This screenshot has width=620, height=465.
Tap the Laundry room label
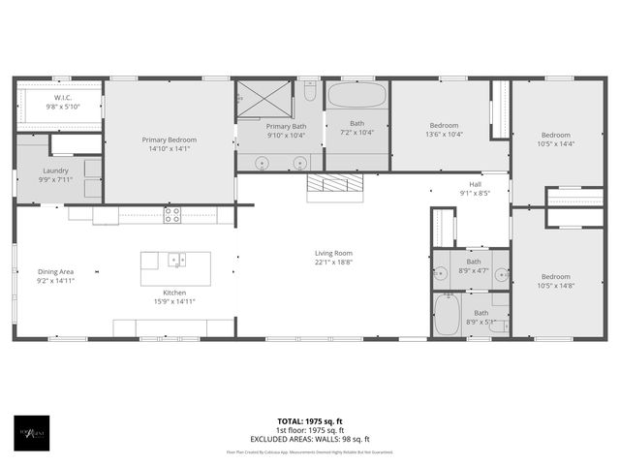(x=55, y=170)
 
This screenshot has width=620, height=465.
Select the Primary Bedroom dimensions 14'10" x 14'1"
(x=169, y=148)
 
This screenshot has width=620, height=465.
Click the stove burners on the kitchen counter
(x=172, y=214)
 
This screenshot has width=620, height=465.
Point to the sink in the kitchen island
(x=176, y=260)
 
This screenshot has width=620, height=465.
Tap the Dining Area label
(x=55, y=271)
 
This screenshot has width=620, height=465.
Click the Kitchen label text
(x=174, y=292)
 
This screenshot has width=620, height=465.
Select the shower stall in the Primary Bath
(x=264, y=99)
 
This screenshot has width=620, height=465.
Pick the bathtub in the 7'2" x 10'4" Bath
(x=356, y=95)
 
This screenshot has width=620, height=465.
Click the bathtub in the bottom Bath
(x=447, y=316)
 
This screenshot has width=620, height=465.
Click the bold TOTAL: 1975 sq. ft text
(x=310, y=421)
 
